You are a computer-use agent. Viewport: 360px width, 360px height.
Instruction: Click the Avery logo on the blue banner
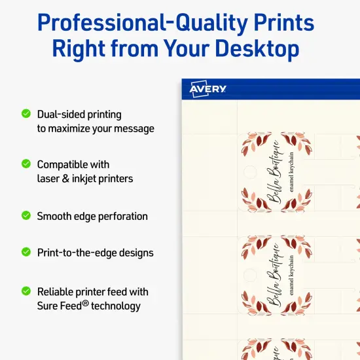207,89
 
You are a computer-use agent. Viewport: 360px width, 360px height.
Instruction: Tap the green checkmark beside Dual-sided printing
26,113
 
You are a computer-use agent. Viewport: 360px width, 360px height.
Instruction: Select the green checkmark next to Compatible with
26,164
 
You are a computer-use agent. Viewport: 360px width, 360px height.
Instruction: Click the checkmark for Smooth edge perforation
26,215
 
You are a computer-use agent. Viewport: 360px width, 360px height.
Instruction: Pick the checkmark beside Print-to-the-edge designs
26,251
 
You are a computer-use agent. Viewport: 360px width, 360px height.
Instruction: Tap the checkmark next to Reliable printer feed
26,291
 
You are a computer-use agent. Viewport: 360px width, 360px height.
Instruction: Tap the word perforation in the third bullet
118,217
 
